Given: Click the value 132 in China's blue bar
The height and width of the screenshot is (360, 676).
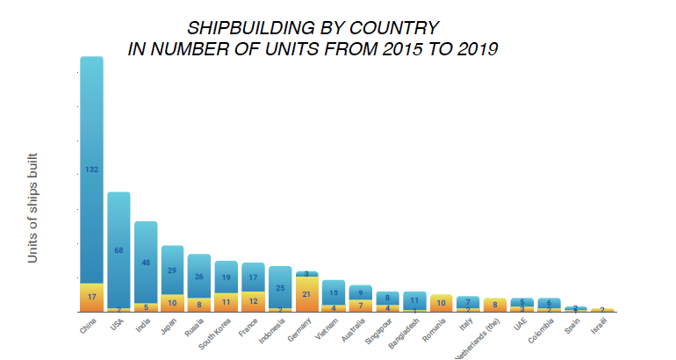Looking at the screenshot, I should [91, 169].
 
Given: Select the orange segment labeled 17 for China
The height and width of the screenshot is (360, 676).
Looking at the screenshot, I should [91, 297].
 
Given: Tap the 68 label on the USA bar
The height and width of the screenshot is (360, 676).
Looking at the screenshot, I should [119, 251].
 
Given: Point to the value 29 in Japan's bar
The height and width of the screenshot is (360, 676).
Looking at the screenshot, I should [172, 270].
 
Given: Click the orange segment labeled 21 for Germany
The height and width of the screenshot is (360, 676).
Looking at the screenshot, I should [306, 294].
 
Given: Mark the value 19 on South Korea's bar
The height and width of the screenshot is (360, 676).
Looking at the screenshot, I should [227, 277].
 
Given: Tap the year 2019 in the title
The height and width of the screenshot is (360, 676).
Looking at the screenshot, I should [478, 49].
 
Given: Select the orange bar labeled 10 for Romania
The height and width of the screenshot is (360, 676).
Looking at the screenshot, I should [442, 303].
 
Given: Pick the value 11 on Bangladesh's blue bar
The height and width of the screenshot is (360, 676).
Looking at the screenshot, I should [414, 300].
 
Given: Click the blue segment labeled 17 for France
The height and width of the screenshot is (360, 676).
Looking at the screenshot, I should [253, 277].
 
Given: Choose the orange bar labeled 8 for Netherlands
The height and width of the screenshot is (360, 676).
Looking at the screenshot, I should [495, 305].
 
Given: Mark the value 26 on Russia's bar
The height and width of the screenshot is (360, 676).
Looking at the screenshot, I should [199, 277].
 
